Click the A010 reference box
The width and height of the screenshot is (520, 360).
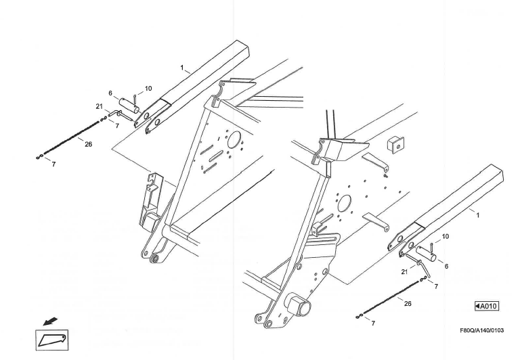(x=486, y=307)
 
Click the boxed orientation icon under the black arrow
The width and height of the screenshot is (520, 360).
(x=51, y=338)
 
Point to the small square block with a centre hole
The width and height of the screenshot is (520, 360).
(x=395, y=143)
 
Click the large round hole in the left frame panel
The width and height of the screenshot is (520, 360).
(x=235, y=139)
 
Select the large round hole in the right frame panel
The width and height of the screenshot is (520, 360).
(x=345, y=203)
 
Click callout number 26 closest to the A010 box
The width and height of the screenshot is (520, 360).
(x=407, y=304)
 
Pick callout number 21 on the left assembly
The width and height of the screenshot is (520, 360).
(x=99, y=107)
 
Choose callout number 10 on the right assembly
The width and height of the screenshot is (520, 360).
(x=445, y=237)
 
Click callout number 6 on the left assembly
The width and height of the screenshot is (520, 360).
(x=110, y=93)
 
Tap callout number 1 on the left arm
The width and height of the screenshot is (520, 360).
(x=181, y=68)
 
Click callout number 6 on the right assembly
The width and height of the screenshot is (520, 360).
(x=446, y=267)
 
